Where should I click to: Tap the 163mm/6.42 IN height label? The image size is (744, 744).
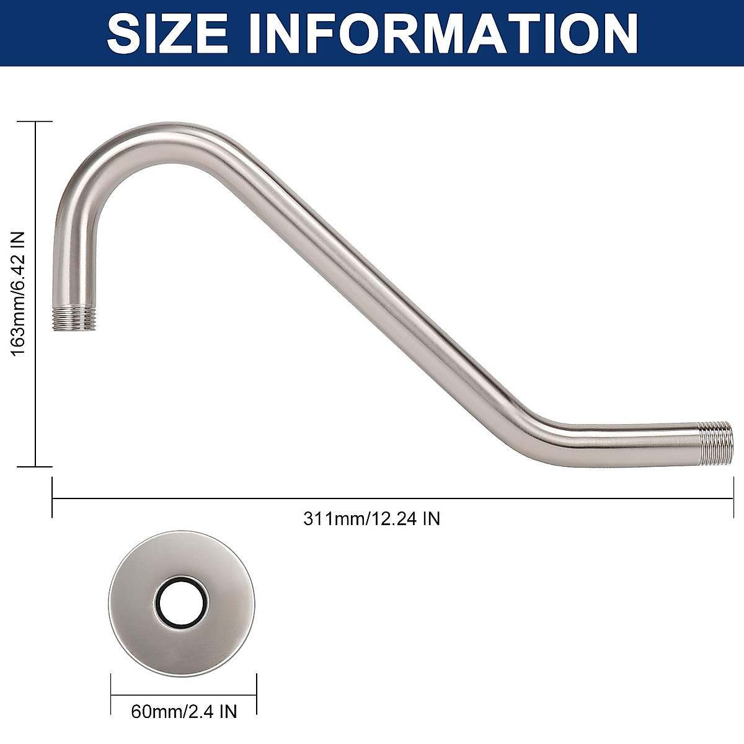pos(19,293)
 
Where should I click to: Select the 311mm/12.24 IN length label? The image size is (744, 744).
pos(371,518)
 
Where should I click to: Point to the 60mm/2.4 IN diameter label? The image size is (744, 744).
pos(184,711)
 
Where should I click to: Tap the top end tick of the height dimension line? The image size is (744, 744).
pos(35,122)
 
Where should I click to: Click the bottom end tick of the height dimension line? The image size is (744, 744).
pos(35,466)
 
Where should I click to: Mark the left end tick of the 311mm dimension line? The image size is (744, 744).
pos(52,497)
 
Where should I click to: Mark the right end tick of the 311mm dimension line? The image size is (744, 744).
pos(733,497)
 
